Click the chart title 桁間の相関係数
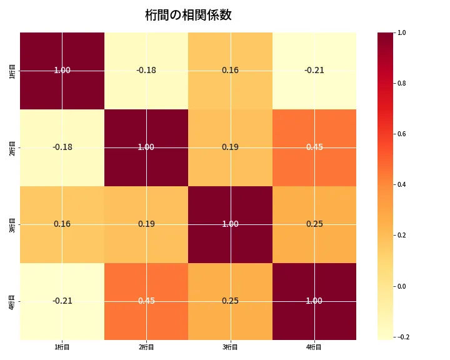(x=188, y=15)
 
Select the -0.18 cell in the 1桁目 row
(x=146, y=70)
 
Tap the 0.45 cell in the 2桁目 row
(x=314, y=147)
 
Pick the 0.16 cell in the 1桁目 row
(x=230, y=70)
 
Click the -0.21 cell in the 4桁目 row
(x=62, y=301)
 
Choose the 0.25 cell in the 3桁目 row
(x=314, y=224)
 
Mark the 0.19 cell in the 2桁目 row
(x=230, y=147)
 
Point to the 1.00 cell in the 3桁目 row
(x=230, y=224)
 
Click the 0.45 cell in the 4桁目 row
(x=146, y=301)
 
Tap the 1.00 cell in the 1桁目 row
(x=62, y=70)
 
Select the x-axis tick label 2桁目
(x=146, y=347)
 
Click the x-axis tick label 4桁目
(x=314, y=347)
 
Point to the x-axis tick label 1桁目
(x=62, y=347)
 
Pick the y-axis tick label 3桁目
(x=12, y=224)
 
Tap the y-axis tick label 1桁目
(x=12, y=70)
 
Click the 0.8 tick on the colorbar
(x=402, y=83)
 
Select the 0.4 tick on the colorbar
(x=402, y=184)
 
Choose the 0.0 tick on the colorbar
(x=402, y=286)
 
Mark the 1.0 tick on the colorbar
(x=402, y=32)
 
